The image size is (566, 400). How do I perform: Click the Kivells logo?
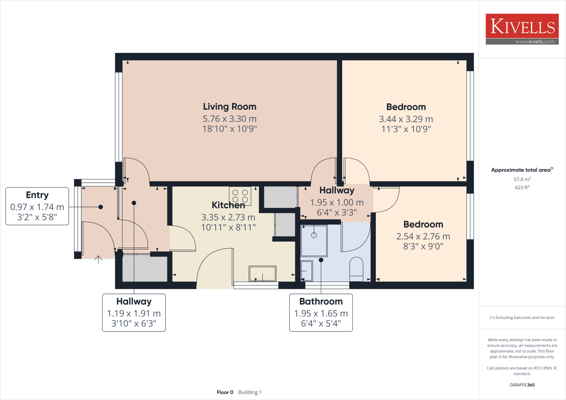click(x=522, y=26)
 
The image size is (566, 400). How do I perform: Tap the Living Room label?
click(x=229, y=107)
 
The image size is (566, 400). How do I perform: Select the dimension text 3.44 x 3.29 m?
click(x=406, y=119)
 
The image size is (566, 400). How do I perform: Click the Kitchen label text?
click(x=228, y=205)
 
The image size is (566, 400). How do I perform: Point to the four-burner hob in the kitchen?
click(x=240, y=196)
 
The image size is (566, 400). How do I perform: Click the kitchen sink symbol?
click(x=262, y=273)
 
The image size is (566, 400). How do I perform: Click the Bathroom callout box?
click(x=321, y=312)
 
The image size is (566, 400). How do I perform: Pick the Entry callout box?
click(x=37, y=206)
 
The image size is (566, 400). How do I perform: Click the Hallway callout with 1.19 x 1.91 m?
click(x=134, y=312)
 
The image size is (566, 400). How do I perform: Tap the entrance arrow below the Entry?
click(x=98, y=259)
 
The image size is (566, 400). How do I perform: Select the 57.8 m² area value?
click(x=522, y=179)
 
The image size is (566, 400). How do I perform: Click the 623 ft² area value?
click(x=522, y=187)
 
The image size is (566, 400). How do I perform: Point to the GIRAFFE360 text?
click(x=522, y=385)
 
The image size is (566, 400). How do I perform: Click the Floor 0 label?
click(x=225, y=392)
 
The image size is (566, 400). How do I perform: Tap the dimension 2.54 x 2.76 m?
click(x=423, y=236)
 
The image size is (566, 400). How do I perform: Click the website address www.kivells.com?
click(x=535, y=42)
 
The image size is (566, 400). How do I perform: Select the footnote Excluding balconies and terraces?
click(x=522, y=317)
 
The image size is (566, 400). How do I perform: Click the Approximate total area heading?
click(x=522, y=170)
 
